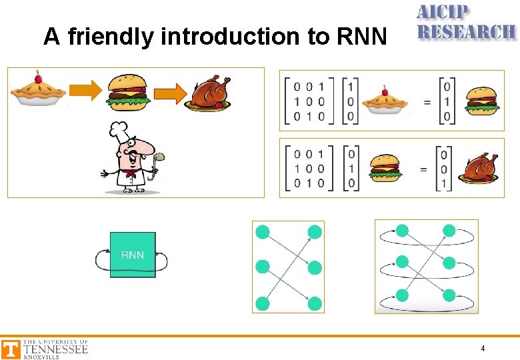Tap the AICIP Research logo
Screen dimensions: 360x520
465,22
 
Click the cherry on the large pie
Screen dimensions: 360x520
38,75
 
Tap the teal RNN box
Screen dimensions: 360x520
133,255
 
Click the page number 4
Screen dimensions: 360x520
483,349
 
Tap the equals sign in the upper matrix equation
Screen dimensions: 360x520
427,101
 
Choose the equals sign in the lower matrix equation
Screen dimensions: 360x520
423,169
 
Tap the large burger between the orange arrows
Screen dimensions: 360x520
127,91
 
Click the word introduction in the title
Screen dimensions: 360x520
231,37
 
